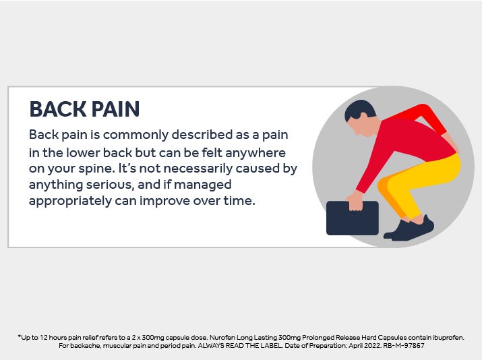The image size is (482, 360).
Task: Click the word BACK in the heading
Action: tap(58, 109)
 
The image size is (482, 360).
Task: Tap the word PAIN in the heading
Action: tap(115, 109)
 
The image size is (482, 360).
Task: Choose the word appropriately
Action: tap(70, 202)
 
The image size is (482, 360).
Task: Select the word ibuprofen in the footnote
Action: tap(448, 338)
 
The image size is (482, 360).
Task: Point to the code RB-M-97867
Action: tap(404, 346)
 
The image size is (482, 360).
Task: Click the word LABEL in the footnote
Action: tap(271, 346)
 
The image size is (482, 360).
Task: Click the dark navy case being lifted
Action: tap(353, 218)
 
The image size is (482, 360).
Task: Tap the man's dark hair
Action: tap(360, 109)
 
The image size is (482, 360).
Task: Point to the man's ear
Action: tap(363, 116)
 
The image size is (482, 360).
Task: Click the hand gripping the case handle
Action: tap(355, 202)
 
